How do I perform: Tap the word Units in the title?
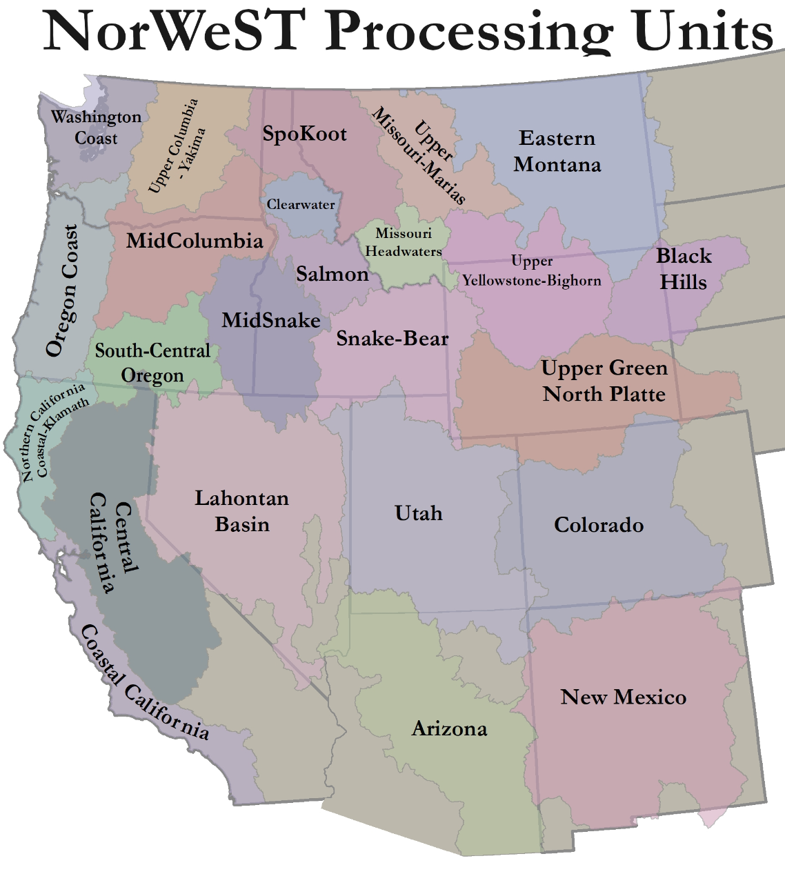703,31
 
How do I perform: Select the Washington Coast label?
96,128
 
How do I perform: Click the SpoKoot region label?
304,134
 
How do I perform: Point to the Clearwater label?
301,205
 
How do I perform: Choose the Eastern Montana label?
557,152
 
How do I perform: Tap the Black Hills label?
683,269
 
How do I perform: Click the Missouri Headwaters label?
404,242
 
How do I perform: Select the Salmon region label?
332,275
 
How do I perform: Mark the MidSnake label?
271,320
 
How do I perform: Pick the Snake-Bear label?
392,339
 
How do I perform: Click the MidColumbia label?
195,241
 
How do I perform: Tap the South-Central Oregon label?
152,363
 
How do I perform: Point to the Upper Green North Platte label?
604,381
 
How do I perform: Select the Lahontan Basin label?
241,511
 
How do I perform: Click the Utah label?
419,513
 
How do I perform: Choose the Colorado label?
599,525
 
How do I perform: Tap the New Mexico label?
624,697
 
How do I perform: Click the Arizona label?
449,729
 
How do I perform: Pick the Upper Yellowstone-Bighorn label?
532,271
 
